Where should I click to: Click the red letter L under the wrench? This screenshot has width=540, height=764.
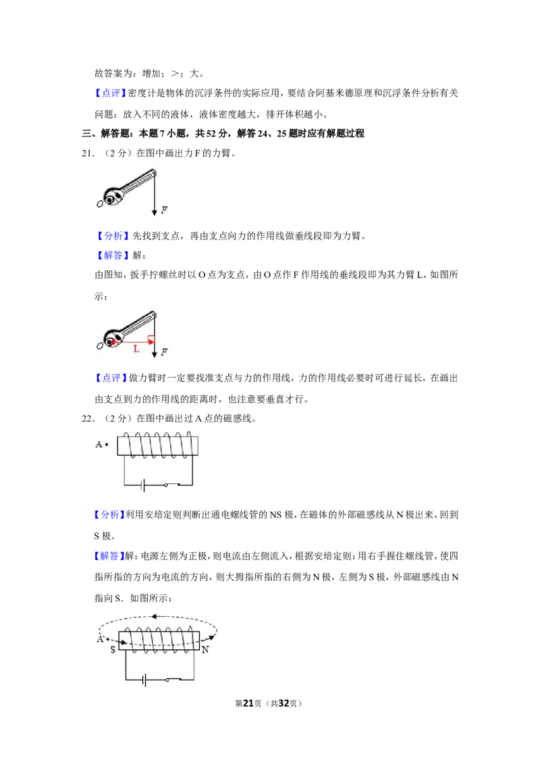pos(136,349)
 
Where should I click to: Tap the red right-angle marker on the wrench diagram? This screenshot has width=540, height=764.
pos(152,339)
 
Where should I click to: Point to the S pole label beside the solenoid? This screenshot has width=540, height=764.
pos(113,649)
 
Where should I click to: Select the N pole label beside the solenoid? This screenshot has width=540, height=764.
pos(205,649)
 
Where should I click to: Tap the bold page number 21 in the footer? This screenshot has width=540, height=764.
pos(248,703)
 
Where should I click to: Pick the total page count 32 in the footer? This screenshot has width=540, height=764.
pos(283,703)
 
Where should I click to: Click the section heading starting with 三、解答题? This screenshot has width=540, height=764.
pos(223,134)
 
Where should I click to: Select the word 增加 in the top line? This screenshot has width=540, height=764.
pos(152,74)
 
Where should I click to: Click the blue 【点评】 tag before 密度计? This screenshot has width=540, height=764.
pos(110,93)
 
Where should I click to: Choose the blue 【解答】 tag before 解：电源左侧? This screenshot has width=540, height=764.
pos(109,556)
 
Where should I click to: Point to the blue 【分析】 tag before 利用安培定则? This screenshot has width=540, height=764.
pos(109,514)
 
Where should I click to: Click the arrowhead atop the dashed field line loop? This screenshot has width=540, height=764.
pos(153,617)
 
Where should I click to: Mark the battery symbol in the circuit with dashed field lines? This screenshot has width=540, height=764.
pos(143,679)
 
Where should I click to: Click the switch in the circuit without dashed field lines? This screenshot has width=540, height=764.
pos(172,485)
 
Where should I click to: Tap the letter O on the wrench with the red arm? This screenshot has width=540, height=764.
pos(99,346)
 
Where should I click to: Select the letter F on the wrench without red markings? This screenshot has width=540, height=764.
pos(164,210)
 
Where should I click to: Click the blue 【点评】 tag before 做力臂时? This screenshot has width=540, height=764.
pos(110,378)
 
